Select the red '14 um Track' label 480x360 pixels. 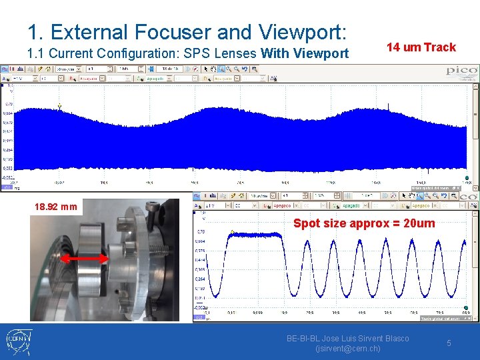(x=421, y=47)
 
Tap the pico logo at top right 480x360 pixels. (x=461, y=71)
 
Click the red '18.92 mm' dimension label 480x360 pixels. (x=56, y=207)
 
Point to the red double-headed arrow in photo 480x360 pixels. (x=85, y=257)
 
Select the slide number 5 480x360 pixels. (x=449, y=343)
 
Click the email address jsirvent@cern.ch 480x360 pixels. (x=347, y=349)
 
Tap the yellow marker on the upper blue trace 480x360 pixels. (x=59, y=106)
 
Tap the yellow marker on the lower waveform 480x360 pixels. (x=232, y=232)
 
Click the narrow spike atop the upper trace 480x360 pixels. (x=389, y=105)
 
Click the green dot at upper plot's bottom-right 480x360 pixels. (x=466, y=178)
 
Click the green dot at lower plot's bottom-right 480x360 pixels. (x=466, y=308)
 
